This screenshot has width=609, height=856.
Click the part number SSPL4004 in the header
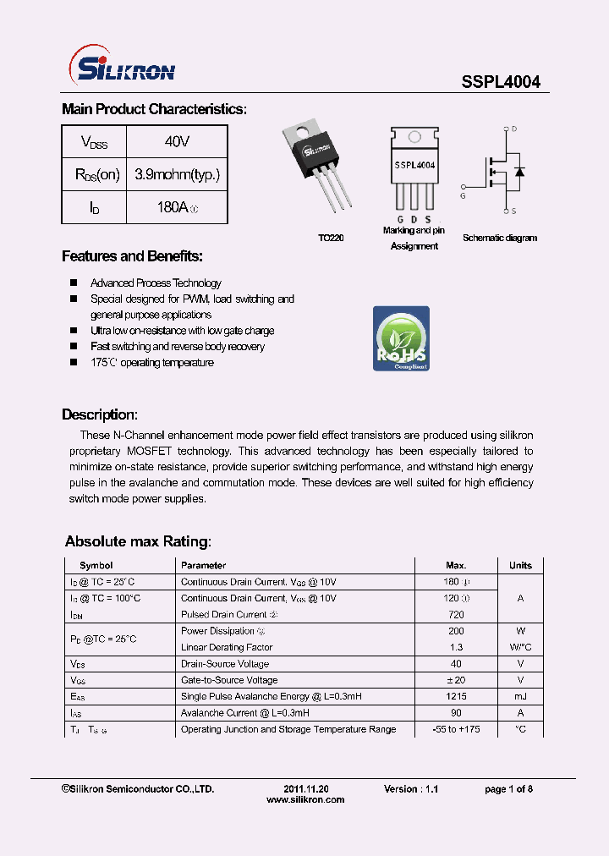(500, 82)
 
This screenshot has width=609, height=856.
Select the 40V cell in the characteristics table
(177, 142)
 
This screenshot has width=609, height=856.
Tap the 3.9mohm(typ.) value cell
(177, 174)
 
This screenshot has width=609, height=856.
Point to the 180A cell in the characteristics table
(177, 207)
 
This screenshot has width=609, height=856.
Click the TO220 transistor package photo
(318, 164)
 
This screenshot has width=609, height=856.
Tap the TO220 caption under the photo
(331, 239)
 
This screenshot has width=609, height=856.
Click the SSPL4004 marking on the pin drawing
(414, 166)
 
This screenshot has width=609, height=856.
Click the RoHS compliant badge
(401, 338)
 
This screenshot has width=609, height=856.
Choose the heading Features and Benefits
(132, 256)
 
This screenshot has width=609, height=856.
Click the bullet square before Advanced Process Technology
(74, 283)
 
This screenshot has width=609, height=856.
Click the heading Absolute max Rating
(137, 541)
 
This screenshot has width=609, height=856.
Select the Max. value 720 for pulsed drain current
(455, 614)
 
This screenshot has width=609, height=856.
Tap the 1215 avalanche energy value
(455, 696)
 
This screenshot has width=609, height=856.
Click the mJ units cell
(519, 696)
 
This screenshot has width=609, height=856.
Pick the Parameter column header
(203, 565)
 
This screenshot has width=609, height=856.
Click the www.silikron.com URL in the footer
(305, 799)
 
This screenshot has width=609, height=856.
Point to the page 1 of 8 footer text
(508, 788)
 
